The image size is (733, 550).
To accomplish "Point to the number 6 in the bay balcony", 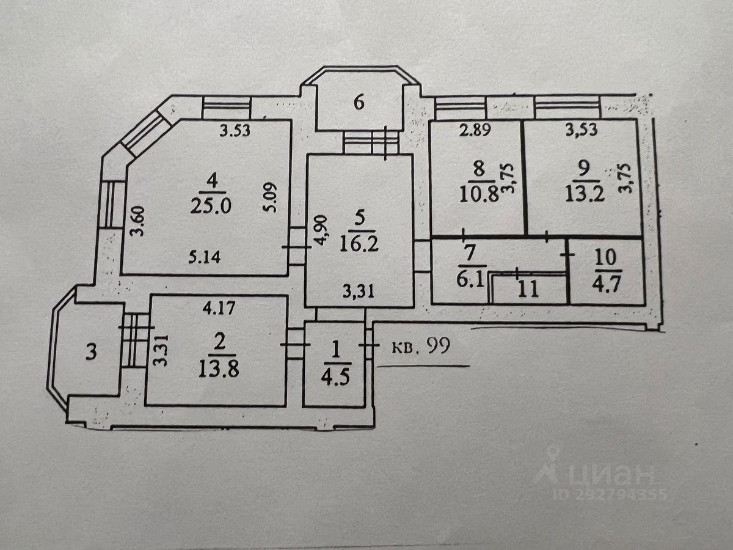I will (x=359, y=102).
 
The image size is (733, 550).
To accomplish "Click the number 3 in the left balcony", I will (x=90, y=354).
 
